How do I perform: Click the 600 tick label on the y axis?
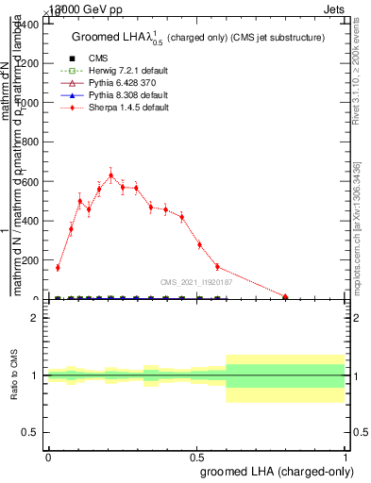29,181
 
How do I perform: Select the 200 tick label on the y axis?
29,260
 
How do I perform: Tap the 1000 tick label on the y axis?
26,103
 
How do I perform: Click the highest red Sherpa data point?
111,175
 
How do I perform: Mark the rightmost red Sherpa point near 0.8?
285,296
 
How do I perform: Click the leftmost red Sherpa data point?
58,268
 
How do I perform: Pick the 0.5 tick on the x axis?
197,457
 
